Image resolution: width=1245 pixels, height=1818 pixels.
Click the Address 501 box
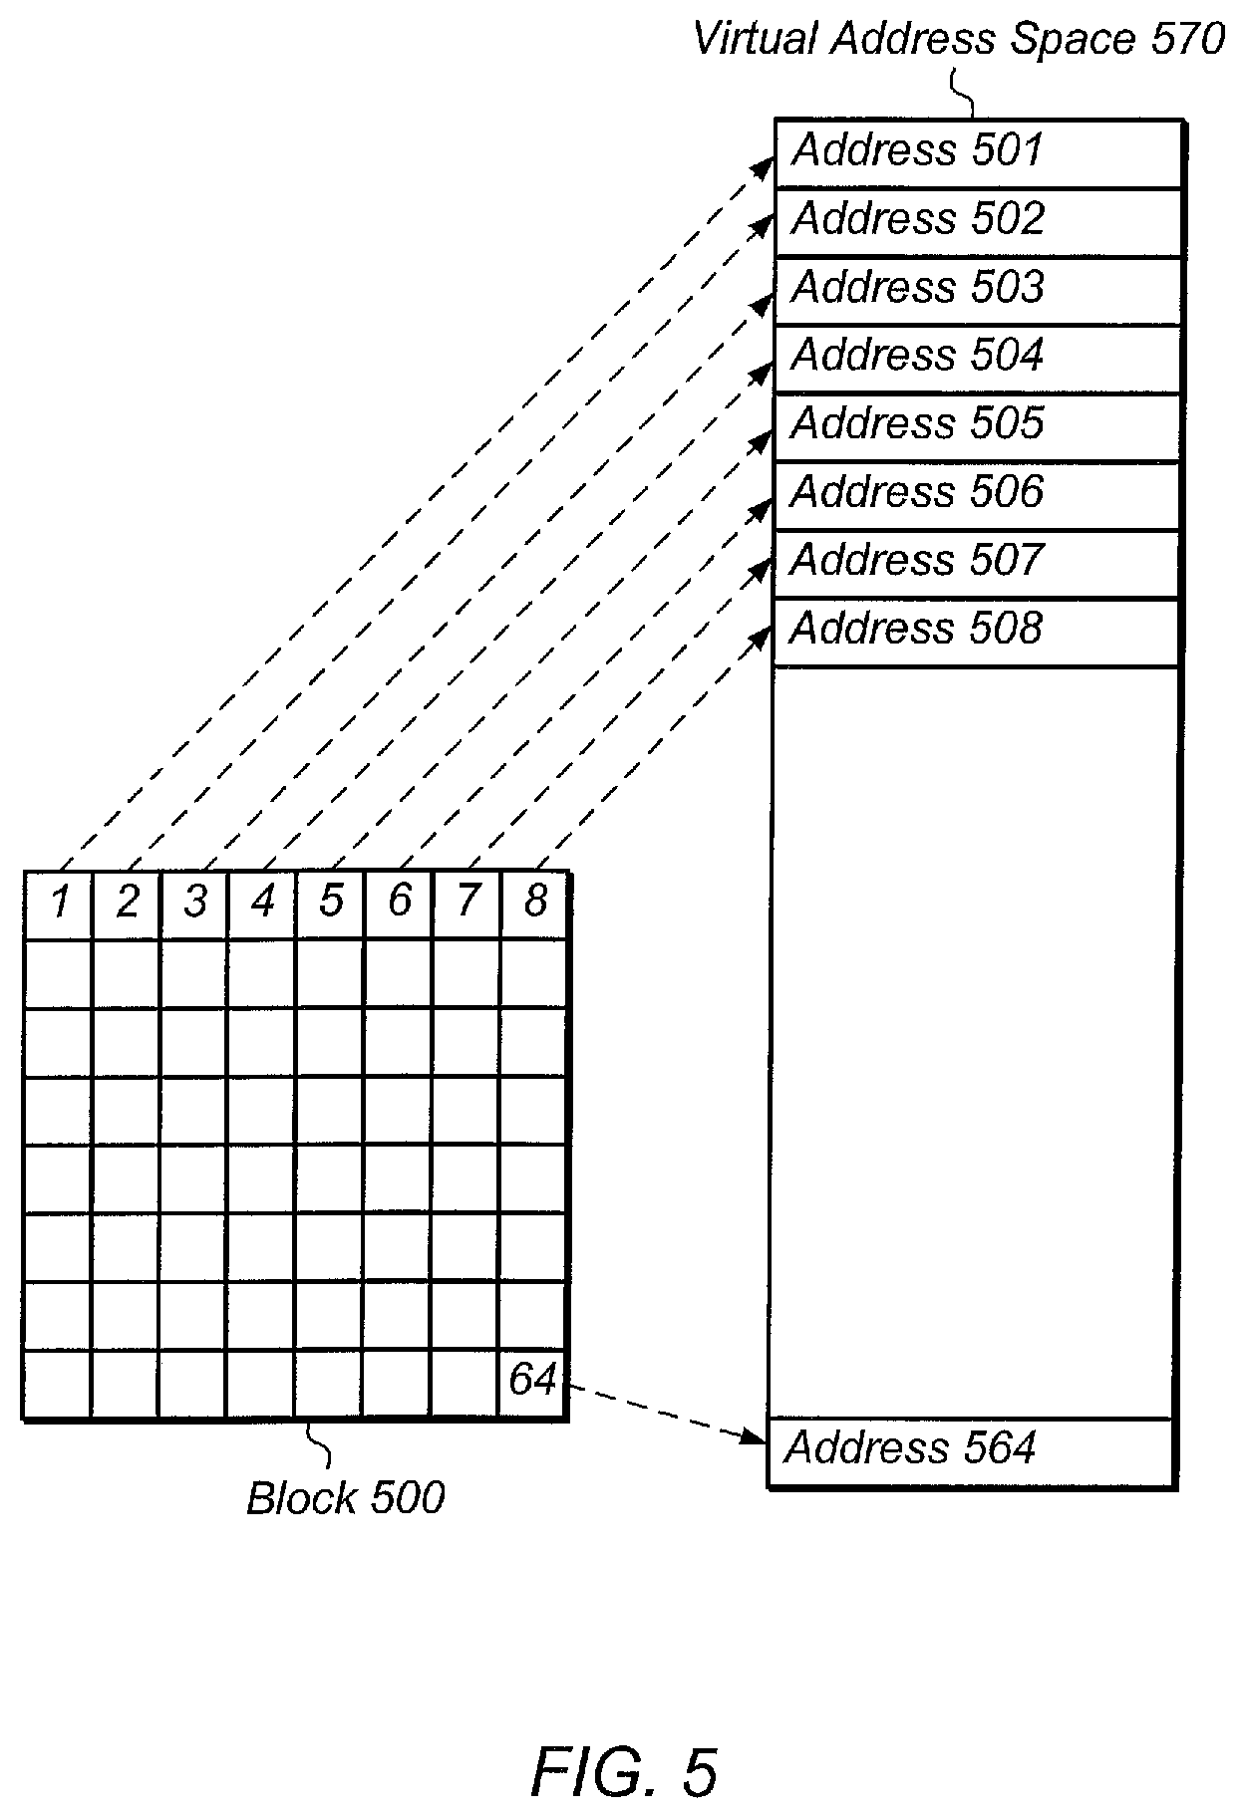[x=977, y=152]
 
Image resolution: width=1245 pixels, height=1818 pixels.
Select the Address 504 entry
[x=977, y=357]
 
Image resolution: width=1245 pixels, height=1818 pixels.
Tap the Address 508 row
[x=977, y=631]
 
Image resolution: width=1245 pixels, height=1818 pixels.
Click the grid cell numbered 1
[x=59, y=903]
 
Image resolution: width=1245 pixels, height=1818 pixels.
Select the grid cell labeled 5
[x=331, y=903]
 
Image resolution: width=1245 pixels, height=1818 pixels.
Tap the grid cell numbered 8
[x=535, y=903]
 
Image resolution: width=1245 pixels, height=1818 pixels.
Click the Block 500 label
[x=345, y=1498]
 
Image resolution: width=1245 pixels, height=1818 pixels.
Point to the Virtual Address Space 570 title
[x=958, y=40]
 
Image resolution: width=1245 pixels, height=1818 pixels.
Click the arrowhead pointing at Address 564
[x=757, y=1436]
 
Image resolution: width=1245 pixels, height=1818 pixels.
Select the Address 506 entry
[x=977, y=493]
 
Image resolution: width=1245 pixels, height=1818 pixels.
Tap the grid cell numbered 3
[x=195, y=903]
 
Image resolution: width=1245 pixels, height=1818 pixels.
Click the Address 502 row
[x=977, y=220]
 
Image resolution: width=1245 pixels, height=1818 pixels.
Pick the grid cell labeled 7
[x=467, y=903]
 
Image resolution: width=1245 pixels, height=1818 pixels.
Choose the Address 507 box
[x=977, y=562]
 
